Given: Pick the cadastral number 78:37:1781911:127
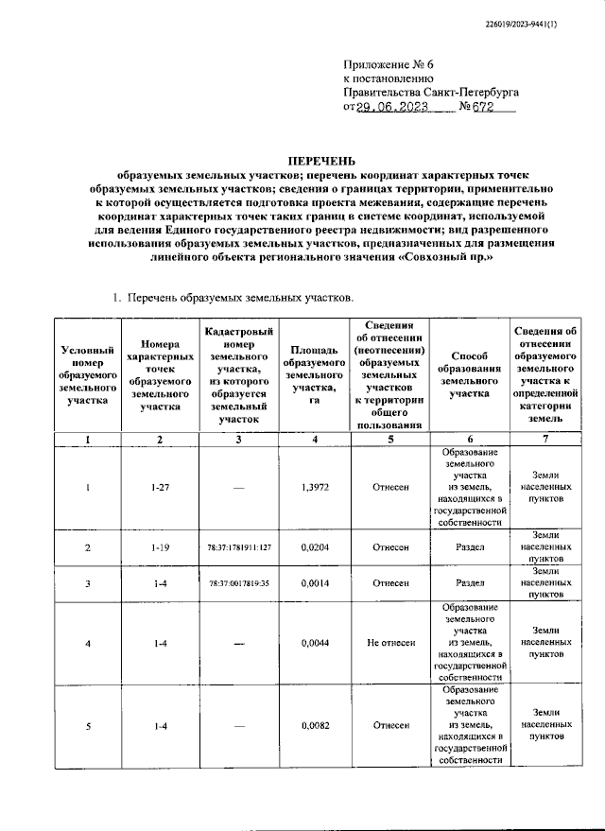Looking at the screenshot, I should pyautogui.click(x=239, y=547).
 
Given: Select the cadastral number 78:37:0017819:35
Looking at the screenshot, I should pyautogui.click(x=239, y=583).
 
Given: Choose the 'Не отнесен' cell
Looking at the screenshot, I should pyautogui.click(x=390, y=643).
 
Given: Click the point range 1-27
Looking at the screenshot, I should pyautogui.click(x=160, y=487).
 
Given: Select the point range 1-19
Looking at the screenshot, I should pyautogui.click(x=160, y=547).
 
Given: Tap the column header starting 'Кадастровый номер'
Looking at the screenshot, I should pyautogui.click(x=239, y=375).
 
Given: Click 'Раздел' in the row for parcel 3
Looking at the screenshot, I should pyautogui.click(x=470, y=583).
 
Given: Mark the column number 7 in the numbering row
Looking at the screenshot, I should pyautogui.click(x=544, y=440).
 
